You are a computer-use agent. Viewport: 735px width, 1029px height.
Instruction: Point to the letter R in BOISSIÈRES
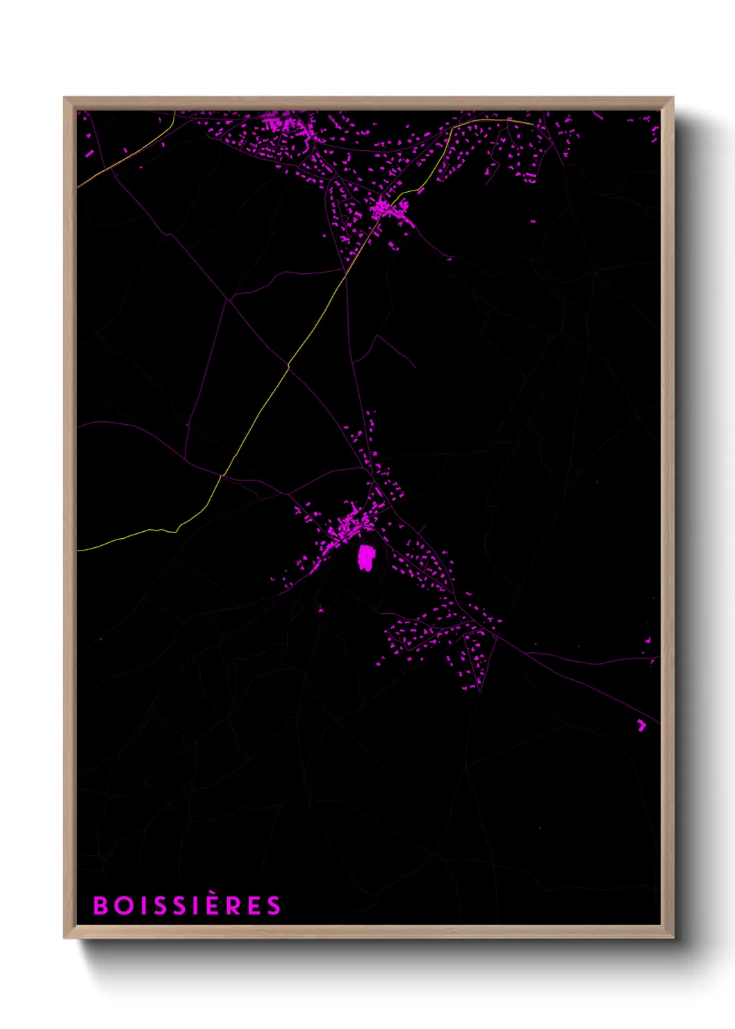[x=234, y=905]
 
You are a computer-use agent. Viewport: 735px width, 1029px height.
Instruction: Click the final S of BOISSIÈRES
[x=274, y=905]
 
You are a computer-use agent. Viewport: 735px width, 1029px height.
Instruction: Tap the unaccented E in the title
[x=254, y=905]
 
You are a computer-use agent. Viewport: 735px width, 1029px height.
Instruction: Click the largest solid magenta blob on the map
[x=365, y=558]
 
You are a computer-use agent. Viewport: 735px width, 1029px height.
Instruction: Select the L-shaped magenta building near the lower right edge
[x=641, y=725]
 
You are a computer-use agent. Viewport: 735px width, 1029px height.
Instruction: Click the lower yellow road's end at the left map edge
[x=78, y=550]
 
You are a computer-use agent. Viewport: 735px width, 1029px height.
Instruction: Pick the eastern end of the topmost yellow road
[x=532, y=124]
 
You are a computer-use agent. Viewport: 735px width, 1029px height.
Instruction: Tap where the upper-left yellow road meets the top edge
[x=174, y=111]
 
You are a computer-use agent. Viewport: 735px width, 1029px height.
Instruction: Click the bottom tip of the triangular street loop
[x=479, y=690]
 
